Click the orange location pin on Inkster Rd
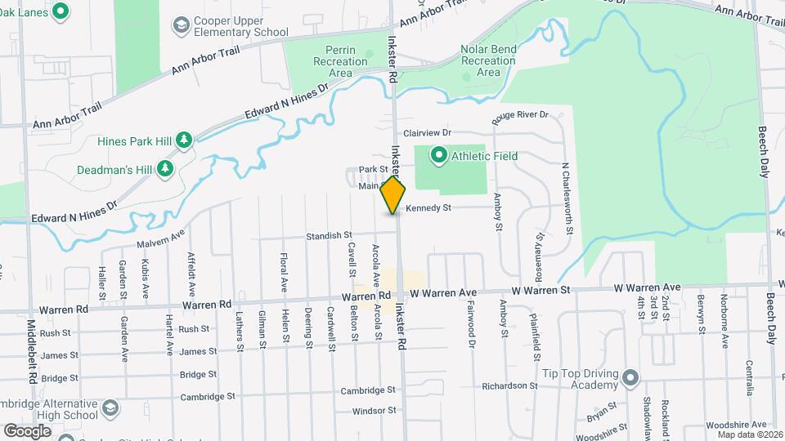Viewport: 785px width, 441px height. pos(393,194)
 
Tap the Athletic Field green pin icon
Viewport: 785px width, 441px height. pos(438,154)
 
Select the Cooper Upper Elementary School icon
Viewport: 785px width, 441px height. pos(179,27)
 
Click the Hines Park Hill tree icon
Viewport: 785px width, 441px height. pos(185,140)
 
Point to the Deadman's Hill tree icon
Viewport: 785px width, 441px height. pos(166,168)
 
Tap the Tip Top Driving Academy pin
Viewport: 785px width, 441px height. pos(630,377)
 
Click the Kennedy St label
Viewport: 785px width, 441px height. pos(428,208)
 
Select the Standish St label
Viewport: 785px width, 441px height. pos(329,235)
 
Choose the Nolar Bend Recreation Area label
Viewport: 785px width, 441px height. pos(488,60)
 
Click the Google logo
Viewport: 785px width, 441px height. pos(27,430)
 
